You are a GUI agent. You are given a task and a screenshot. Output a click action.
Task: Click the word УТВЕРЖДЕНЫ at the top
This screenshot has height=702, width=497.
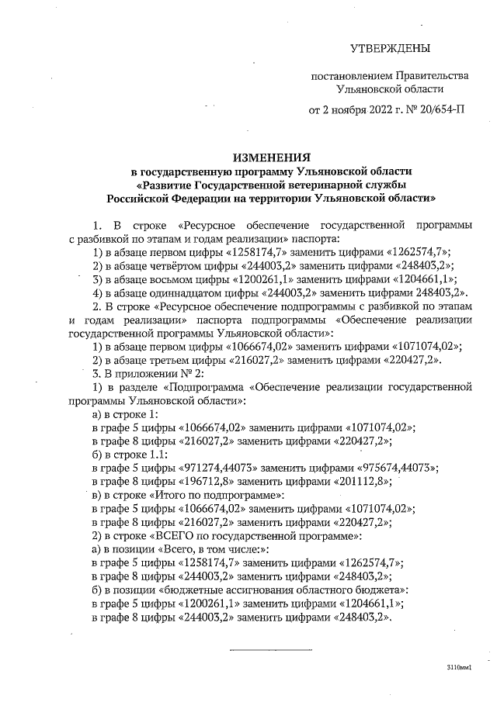click(390, 49)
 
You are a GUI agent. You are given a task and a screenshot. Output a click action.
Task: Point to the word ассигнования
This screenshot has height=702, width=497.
click(230, 589)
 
